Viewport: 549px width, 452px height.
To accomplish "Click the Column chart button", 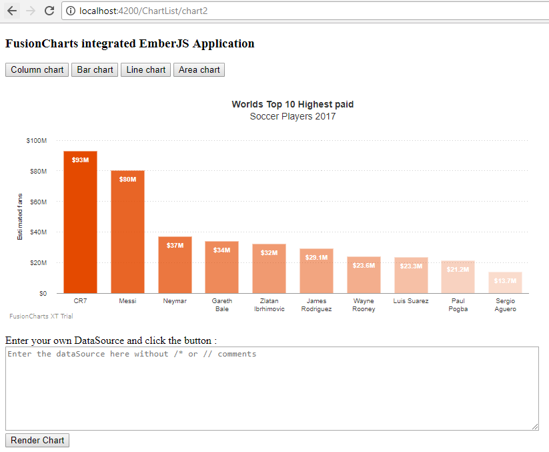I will (x=37, y=69).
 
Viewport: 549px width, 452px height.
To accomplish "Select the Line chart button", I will (x=145, y=69).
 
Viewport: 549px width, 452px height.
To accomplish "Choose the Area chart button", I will (x=199, y=69).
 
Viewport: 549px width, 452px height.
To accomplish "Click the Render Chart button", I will (x=37, y=440).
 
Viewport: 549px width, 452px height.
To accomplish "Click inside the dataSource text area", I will (x=271, y=388).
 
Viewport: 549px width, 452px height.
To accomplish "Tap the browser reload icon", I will (x=49, y=11).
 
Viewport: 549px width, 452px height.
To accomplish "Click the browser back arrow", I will (x=11, y=11).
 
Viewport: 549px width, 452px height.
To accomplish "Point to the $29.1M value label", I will (x=316, y=257).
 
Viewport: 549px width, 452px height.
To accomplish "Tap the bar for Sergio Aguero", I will (x=505, y=283).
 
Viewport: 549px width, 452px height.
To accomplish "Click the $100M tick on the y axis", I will (x=36, y=141).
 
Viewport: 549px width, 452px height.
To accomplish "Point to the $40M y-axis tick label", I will (x=36, y=232).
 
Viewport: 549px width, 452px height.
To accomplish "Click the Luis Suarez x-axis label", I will (x=410, y=301).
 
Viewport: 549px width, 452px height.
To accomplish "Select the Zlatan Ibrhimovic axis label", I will (x=269, y=305).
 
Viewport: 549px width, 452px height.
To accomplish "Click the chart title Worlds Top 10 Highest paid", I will (x=292, y=104).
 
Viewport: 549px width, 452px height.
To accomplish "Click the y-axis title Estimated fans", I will (x=20, y=216).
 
